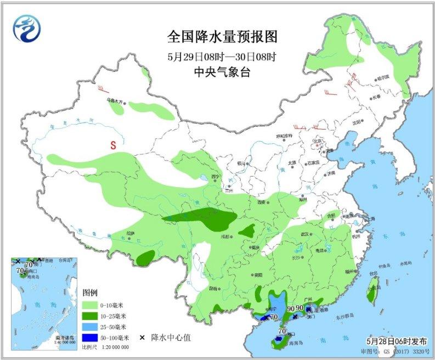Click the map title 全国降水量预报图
pyautogui.click(x=222, y=37)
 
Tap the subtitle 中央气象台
pyautogui.click(x=222, y=72)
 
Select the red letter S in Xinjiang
pyautogui.click(x=113, y=146)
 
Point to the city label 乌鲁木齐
pyautogui.click(x=117, y=100)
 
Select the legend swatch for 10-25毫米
pyautogui.click(x=90, y=316)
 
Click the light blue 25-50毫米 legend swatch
pyautogui.click(x=90, y=327)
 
